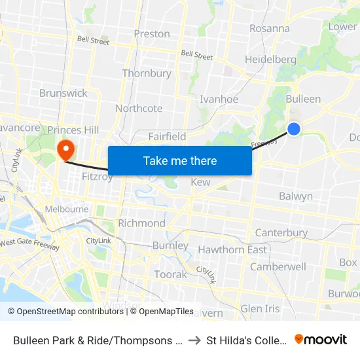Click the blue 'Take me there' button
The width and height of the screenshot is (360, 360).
tap(180, 160)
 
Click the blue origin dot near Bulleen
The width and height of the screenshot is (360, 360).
tap(295, 129)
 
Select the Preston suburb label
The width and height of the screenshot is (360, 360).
tap(151, 34)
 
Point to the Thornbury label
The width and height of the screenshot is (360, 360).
tap(147, 73)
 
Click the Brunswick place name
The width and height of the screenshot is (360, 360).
tap(63, 93)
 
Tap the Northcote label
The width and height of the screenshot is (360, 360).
tap(139, 108)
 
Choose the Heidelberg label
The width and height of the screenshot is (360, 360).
tap(270, 60)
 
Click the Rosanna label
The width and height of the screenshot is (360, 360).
tap(270, 28)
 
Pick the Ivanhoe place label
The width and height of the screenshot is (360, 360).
tap(219, 99)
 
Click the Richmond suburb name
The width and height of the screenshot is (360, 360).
tap(141, 223)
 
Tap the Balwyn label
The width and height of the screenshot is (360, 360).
tap(296, 196)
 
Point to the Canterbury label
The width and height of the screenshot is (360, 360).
tap(281, 233)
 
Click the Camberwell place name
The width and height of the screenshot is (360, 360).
tap(278, 266)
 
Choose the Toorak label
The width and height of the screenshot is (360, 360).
tap(170, 274)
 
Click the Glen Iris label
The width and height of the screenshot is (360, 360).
tap(260, 308)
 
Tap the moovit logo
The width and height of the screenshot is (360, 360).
tap(321, 340)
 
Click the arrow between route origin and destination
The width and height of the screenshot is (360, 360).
tap(195, 340)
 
